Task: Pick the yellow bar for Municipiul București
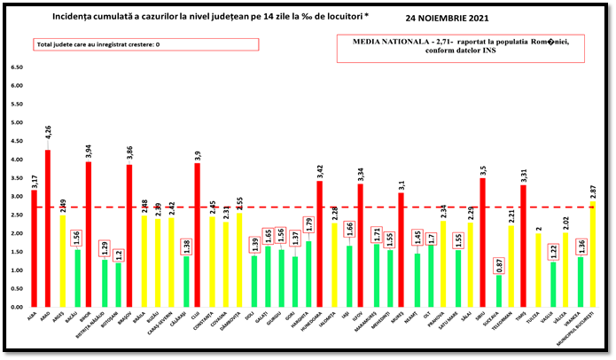pos(590,253)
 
